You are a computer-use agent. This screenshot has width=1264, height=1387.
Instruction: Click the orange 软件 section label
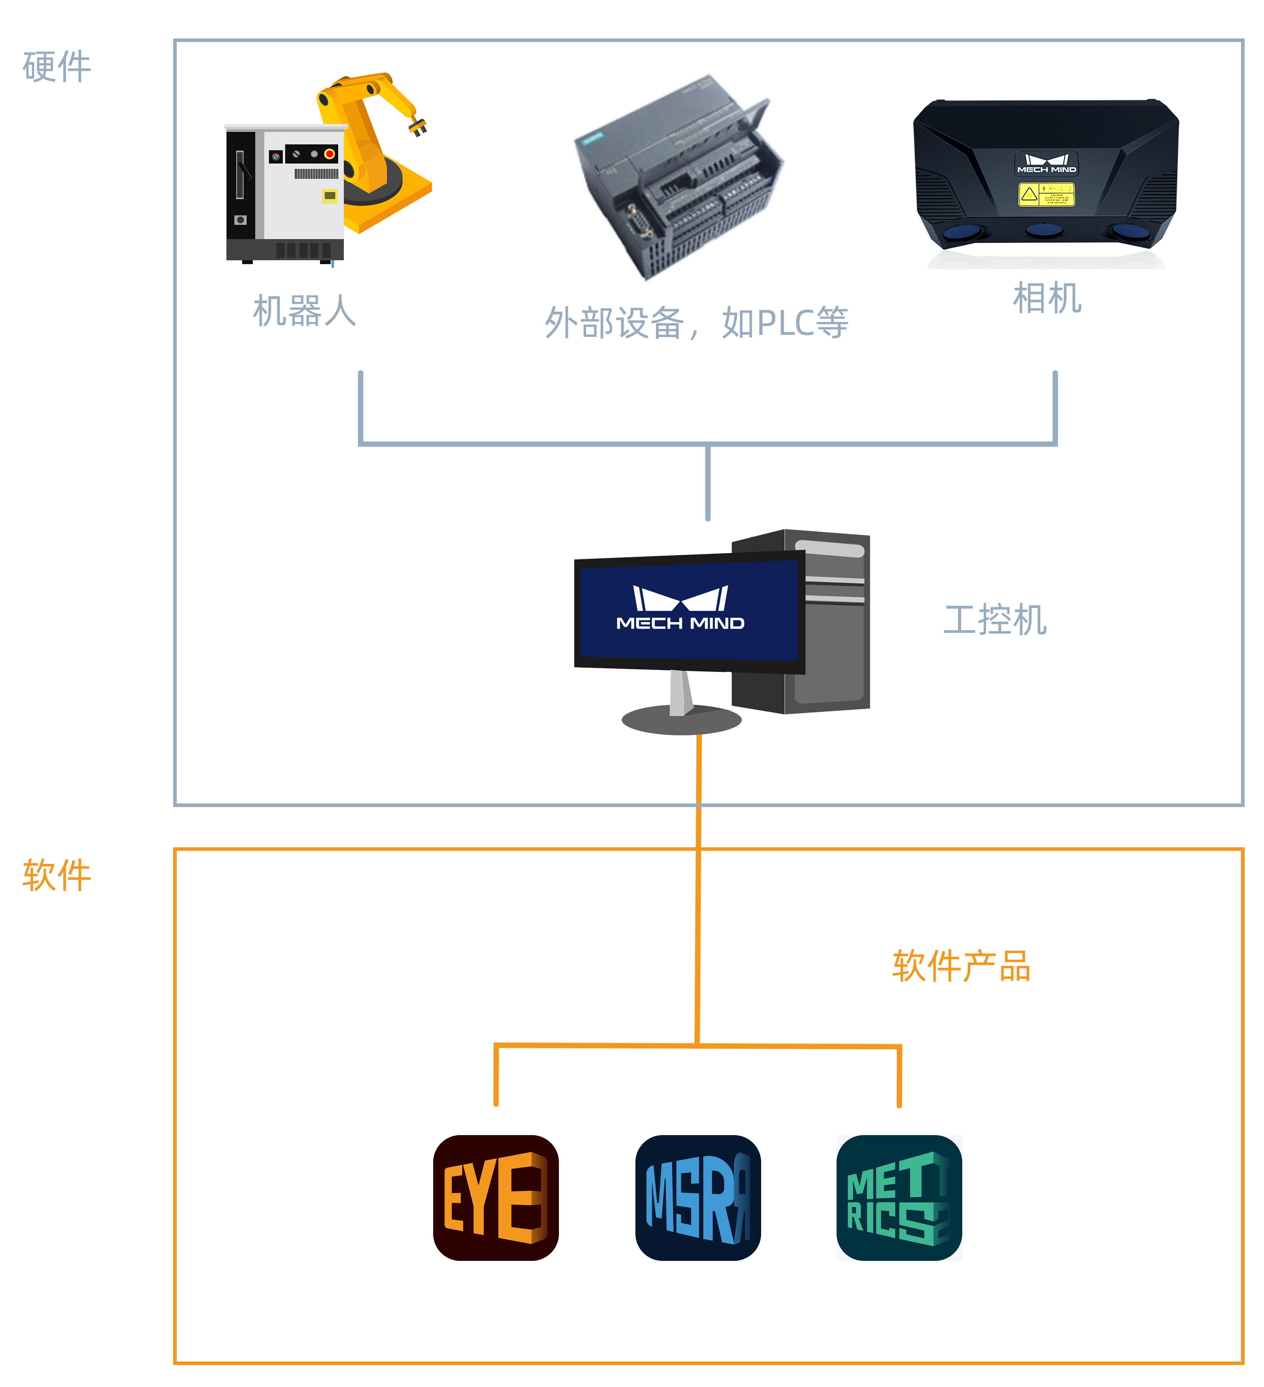(x=56, y=875)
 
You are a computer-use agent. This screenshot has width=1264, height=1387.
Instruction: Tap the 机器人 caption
(x=305, y=311)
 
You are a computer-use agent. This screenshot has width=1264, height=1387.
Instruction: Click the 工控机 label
(x=994, y=620)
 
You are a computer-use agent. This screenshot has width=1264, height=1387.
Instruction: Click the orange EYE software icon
(x=496, y=1198)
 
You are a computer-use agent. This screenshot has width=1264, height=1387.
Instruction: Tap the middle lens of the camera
(x=1044, y=230)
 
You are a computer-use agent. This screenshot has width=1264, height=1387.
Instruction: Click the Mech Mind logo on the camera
(x=1046, y=163)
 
